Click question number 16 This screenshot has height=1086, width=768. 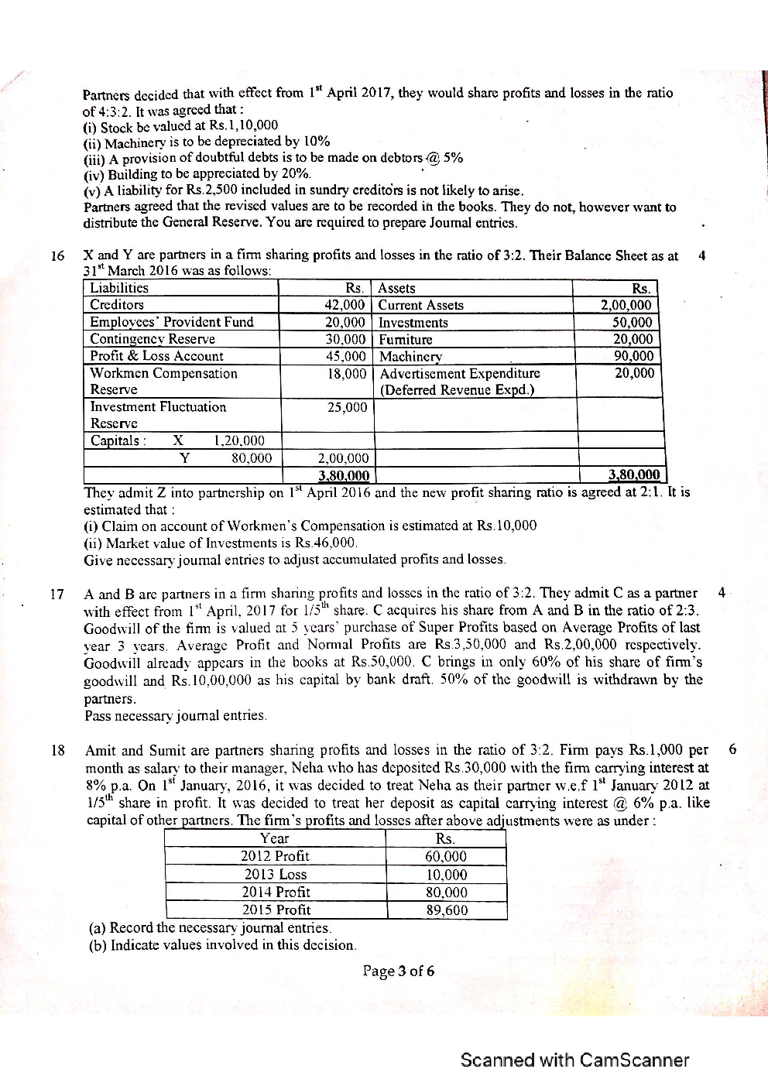point(57,256)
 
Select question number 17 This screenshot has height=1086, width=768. point(57,594)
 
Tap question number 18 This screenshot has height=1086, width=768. point(57,750)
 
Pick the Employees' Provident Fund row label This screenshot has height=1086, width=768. point(172,322)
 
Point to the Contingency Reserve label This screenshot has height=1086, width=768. point(153,339)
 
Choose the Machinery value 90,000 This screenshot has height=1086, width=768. point(633,356)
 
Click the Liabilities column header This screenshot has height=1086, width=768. point(119,288)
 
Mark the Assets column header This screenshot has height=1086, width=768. point(396,288)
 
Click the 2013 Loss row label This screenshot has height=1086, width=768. point(276,874)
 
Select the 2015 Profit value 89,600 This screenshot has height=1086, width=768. point(447,910)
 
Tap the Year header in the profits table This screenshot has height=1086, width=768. point(275,838)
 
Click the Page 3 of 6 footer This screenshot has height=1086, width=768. point(399,971)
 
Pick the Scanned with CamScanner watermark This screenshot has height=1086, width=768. point(574,1060)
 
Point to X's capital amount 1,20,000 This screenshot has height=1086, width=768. point(238,441)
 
